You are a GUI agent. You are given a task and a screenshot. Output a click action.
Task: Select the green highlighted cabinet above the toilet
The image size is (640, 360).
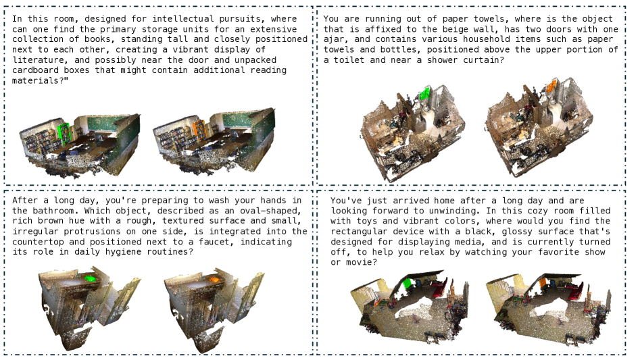[x=425, y=93]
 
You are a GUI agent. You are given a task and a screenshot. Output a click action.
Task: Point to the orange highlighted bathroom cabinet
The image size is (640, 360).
[x=551, y=86]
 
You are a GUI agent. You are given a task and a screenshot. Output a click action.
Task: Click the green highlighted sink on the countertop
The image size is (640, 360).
[x=89, y=279]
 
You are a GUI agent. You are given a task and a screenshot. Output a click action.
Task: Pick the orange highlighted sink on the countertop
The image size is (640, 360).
[x=214, y=280]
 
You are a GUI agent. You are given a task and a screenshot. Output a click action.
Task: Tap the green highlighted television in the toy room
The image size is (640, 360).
[x=406, y=284]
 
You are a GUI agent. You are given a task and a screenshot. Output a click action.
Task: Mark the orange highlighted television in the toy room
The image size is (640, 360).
[x=543, y=284]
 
